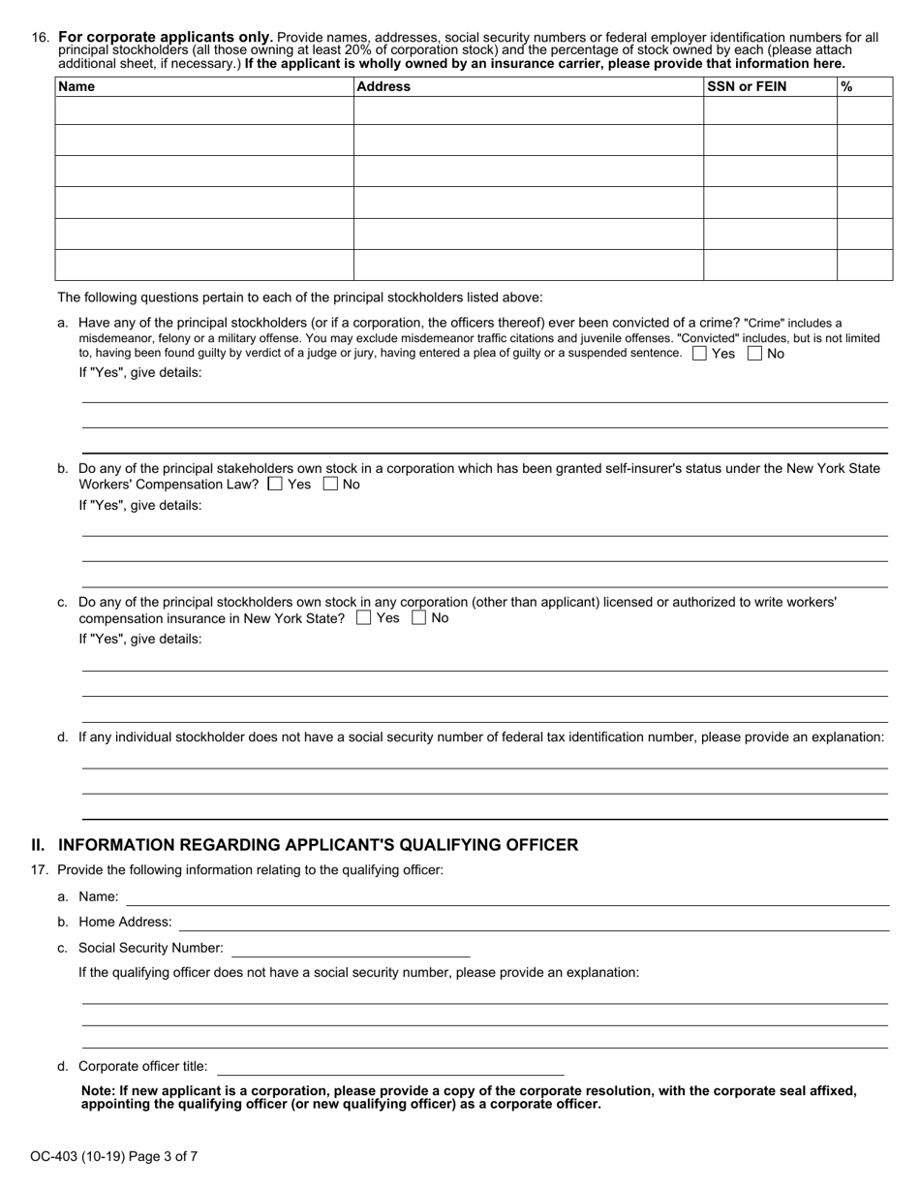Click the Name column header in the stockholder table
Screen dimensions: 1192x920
click(77, 86)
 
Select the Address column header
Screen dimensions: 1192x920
click(383, 86)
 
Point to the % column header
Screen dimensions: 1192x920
click(846, 86)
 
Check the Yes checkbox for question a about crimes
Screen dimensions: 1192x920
click(699, 354)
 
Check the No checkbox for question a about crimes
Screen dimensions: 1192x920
click(754, 354)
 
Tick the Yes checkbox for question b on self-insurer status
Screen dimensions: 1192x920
click(275, 484)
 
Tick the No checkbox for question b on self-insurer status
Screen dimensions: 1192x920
click(330, 484)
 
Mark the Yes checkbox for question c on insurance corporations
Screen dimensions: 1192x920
click(363, 617)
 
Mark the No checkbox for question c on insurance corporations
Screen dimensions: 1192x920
click(418, 617)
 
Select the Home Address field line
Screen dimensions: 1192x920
click(534, 923)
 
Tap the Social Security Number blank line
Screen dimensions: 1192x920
click(351, 949)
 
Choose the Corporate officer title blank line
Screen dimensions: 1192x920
click(389, 1067)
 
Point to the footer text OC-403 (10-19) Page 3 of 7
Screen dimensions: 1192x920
click(114, 1155)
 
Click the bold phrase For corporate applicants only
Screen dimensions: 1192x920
click(166, 38)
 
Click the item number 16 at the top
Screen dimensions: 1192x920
click(40, 38)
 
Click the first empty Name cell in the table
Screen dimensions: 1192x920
click(204, 110)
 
